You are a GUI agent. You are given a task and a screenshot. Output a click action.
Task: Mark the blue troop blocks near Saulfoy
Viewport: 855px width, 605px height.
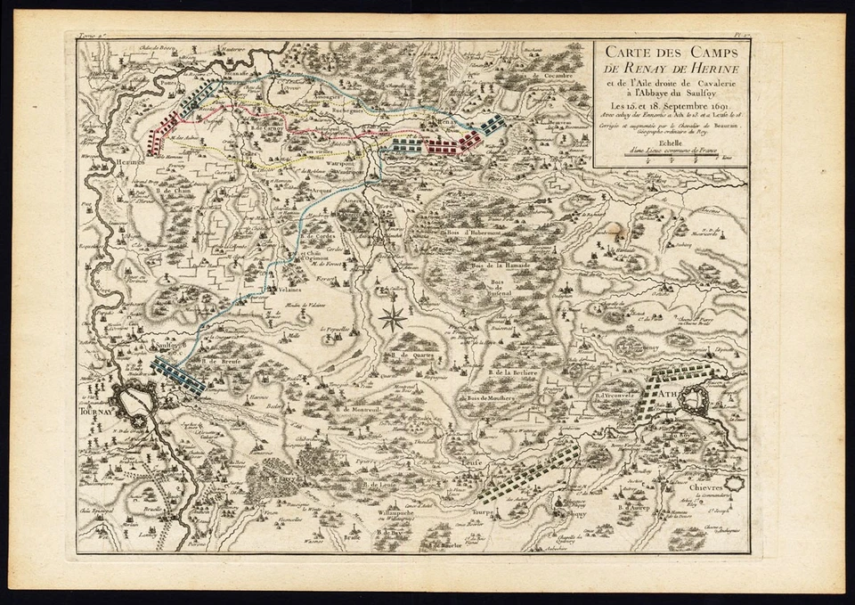click(x=178, y=373)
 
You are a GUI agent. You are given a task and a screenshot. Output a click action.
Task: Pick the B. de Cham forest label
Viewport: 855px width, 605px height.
click(x=175, y=190)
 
